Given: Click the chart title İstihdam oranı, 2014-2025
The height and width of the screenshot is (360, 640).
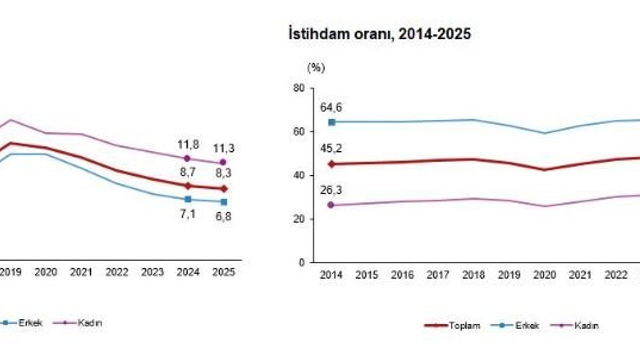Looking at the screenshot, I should [380, 34].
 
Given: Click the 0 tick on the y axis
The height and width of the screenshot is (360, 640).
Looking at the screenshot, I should [301, 262].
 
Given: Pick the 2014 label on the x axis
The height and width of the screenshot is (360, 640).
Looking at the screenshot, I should [331, 275].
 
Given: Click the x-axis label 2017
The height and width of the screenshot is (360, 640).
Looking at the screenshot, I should [438, 275].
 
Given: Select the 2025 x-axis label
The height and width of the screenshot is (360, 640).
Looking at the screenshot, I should [224, 272].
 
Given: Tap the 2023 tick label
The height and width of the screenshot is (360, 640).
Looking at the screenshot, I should [152, 272].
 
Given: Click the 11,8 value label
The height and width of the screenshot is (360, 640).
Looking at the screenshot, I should [188, 145].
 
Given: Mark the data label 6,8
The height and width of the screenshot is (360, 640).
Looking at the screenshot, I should [224, 217].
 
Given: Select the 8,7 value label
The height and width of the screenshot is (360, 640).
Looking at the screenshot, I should [188, 172].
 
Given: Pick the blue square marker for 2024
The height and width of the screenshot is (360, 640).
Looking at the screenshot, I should [188, 199].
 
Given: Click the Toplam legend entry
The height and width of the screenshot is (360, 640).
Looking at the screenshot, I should [452, 326].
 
